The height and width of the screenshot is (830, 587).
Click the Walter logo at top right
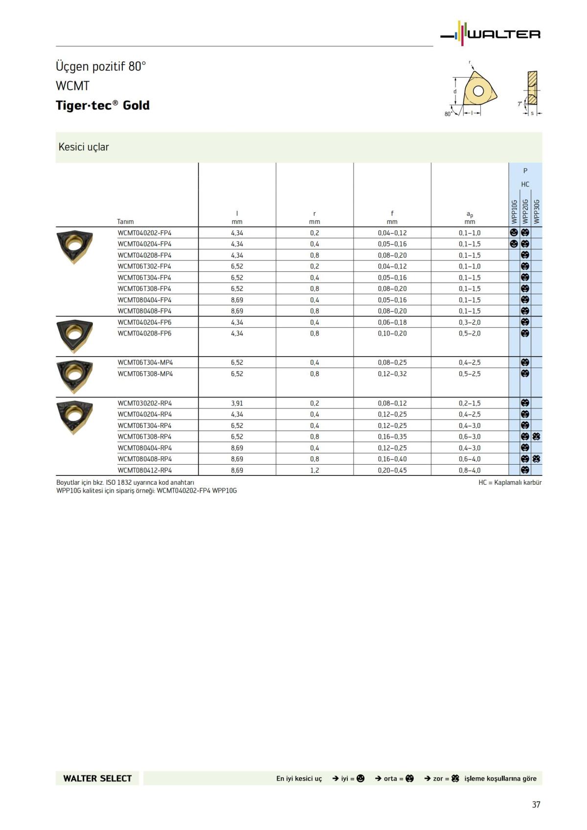[x=491, y=34]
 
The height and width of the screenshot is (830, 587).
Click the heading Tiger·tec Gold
[x=103, y=105]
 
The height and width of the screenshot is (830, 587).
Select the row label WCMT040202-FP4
[x=144, y=233]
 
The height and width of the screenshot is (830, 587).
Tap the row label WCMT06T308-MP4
[x=145, y=374]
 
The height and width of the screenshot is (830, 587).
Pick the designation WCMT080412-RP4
[x=145, y=470]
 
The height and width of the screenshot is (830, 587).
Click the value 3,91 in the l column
[x=237, y=403]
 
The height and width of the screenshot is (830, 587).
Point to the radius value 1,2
[x=314, y=470]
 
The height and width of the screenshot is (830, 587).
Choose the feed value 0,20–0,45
[x=392, y=470]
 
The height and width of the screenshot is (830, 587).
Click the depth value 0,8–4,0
[x=470, y=470]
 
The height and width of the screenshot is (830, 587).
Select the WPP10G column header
[x=514, y=211]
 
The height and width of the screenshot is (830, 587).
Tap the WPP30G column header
[x=537, y=211]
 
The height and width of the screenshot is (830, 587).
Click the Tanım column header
[x=125, y=222]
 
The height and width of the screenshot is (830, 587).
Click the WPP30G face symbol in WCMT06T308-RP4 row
[x=536, y=437]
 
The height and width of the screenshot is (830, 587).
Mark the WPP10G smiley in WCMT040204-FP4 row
[x=514, y=244]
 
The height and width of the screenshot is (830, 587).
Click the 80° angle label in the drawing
[x=448, y=114]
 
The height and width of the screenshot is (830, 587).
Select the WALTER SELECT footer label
[x=97, y=778]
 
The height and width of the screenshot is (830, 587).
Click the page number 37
[x=536, y=805]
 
